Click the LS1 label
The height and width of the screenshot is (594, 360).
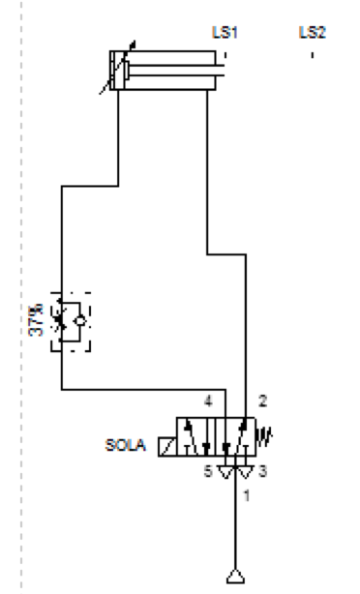(225, 32)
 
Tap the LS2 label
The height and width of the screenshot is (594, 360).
(313, 32)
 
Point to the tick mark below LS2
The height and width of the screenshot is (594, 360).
(313, 55)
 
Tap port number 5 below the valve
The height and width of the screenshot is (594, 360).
(206, 472)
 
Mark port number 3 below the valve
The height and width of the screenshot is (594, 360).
(263, 472)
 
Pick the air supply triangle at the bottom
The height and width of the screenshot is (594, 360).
(235, 577)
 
